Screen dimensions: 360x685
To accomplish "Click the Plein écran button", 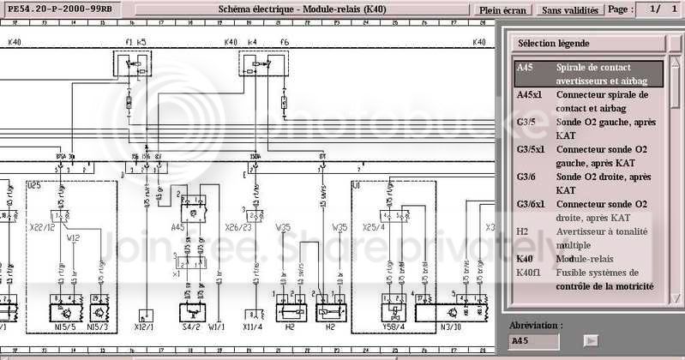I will click(503, 10).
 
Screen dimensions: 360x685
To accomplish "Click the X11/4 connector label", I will click(253, 327).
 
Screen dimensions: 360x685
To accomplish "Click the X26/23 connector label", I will click(237, 228).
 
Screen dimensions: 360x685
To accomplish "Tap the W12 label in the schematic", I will click(75, 238).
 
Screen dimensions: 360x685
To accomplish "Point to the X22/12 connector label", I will click(43, 228).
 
